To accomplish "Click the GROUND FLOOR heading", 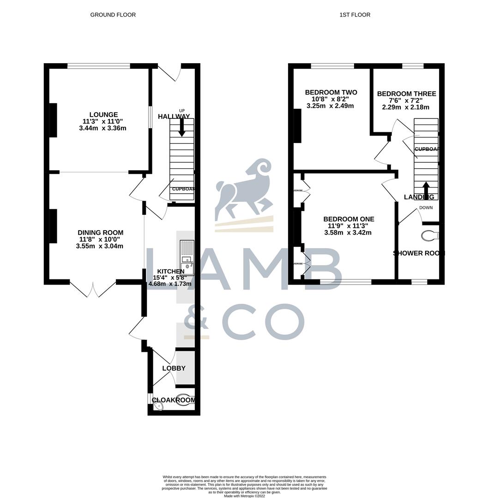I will (x=113, y=15).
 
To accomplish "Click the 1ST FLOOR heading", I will (x=355, y=15).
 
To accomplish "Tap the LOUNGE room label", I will (x=103, y=115).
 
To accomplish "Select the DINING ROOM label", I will (x=100, y=232).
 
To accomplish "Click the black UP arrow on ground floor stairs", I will (x=182, y=127).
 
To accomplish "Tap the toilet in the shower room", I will (x=430, y=236).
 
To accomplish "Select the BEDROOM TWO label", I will (x=331, y=92).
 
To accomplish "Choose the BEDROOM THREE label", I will (x=406, y=94).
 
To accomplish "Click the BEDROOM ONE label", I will (x=348, y=219).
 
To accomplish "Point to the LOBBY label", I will (x=174, y=368).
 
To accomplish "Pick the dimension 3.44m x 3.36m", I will (x=102, y=128).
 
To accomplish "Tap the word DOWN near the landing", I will (x=426, y=207).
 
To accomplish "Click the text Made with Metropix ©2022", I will (x=244, y=496).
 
